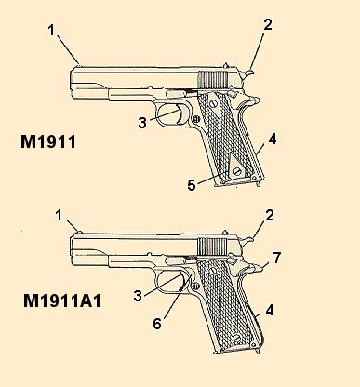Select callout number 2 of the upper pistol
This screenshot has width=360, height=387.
point(267,25)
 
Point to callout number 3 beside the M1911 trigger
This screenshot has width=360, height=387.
point(141,122)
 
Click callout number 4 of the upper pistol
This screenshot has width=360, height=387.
point(273,140)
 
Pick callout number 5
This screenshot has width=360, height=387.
point(191,184)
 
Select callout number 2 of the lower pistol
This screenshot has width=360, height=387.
point(269,215)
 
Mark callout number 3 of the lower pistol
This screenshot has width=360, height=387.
point(139,295)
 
